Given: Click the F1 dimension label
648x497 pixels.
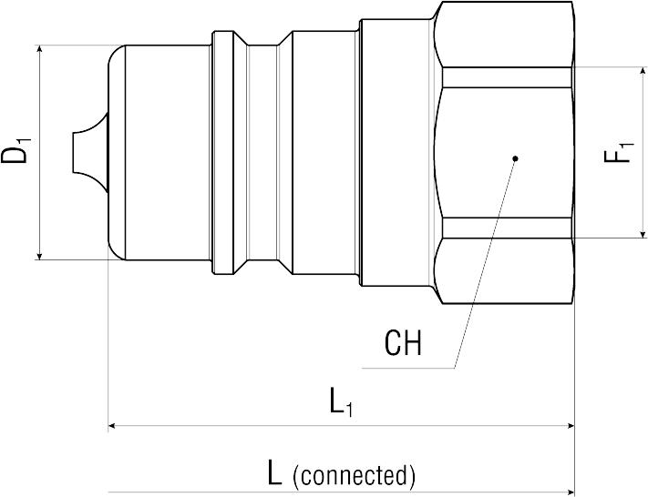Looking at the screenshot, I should click(x=619, y=152).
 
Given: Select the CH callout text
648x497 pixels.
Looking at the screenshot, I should click(x=403, y=344).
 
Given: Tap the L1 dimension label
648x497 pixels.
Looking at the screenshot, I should click(x=341, y=401).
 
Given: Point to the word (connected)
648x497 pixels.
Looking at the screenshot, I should click(x=355, y=474).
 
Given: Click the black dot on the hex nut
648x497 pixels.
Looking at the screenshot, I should click(x=515, y=158).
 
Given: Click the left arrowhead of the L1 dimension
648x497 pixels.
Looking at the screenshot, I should click(x=114, y=424).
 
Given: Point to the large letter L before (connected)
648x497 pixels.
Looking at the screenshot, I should click(x=274, y=472).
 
